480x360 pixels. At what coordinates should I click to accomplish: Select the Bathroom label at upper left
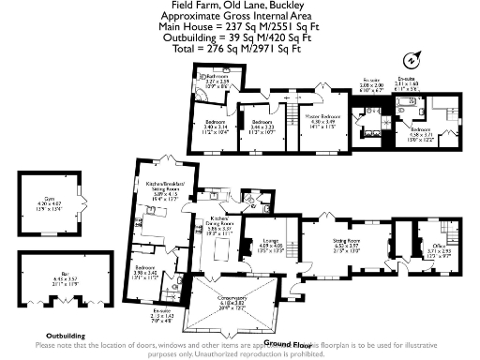click(x=217, y=80)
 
